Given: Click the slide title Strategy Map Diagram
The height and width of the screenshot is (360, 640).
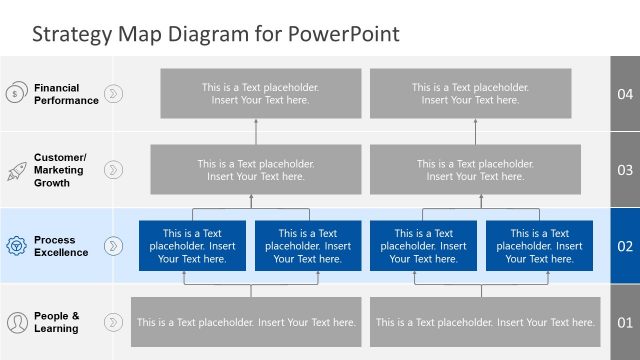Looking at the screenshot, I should (x=216, y=34).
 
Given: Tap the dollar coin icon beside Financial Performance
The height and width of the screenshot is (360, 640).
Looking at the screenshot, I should (x=16, y=94).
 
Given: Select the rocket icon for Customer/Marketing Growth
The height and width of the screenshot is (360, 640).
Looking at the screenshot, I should (x=16, y=170).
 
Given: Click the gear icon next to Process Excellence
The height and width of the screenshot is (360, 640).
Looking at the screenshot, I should (x=16, y=246).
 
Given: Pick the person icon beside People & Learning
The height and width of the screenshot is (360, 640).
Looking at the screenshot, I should (x=16, y=322).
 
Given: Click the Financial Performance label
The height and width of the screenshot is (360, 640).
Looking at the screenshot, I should (x=66, y=94).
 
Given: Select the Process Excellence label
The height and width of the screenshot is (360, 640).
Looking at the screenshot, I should (x=61, y=246).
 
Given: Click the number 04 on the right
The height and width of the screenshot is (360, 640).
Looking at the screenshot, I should (x=626, y=94).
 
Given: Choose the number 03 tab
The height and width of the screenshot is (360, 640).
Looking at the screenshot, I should (x=626, y=170).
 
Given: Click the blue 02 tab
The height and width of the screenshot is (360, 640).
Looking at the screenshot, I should (x=626, y=246).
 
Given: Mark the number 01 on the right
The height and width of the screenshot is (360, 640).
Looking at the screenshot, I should (x=626, y=322).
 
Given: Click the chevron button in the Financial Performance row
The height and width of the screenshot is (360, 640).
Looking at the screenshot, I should (x=115, y=94).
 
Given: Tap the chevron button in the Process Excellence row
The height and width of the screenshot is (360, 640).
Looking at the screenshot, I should (x=115, y=246).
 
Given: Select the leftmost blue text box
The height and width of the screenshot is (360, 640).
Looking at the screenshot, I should (x=193, y=246).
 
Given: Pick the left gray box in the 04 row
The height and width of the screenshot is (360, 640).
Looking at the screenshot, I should (x=255, y=94).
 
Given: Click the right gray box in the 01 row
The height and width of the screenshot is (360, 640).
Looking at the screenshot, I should (x=485, y=322).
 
